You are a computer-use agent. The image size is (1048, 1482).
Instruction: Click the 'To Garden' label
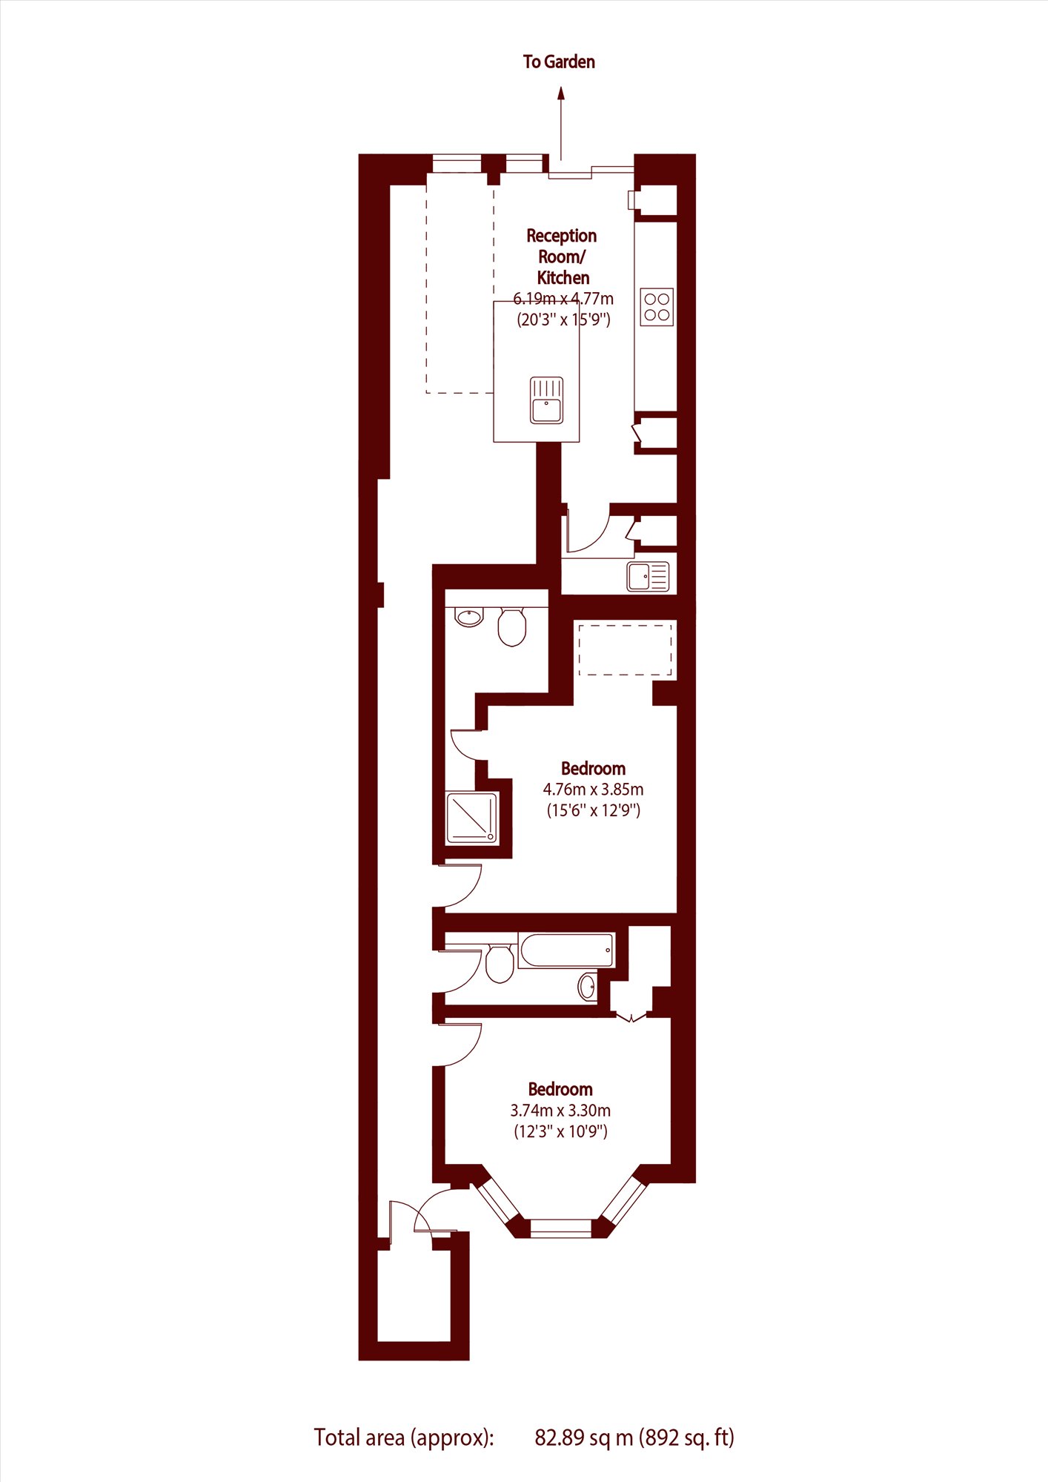tap(559, 62)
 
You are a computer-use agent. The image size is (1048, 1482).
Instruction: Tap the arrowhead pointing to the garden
tap(561, 93)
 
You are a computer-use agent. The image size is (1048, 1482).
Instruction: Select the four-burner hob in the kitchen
tap(657, 307)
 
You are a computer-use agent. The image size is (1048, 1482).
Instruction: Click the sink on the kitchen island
tap(547, 400)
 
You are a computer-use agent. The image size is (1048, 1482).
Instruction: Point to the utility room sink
tap(648, 576)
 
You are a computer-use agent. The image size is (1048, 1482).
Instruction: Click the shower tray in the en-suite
tap(472, 818)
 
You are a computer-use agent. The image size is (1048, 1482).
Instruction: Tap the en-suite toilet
tap(511, 626)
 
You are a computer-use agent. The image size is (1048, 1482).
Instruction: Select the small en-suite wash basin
tap(469, 617)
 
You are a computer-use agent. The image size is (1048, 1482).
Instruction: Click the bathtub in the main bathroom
tap(567, 950)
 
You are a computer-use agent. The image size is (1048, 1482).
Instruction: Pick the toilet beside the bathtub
tap(500, 963)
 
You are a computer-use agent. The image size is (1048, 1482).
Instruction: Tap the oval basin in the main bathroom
tap(587, 986)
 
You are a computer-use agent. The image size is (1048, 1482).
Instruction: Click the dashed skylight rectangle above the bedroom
tap(626, 650)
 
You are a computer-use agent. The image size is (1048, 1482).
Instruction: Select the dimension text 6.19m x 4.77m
tap(563, 299)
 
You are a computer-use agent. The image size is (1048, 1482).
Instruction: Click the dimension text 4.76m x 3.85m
tap(593, 790)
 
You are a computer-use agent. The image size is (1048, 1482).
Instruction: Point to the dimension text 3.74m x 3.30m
tap(560, 1111)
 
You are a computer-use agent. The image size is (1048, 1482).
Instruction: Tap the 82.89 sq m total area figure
tap(584, 1438)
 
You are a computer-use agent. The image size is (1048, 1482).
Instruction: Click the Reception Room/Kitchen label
tap(562, 257)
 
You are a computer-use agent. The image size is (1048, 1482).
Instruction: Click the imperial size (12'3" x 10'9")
tap(560, 1131)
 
